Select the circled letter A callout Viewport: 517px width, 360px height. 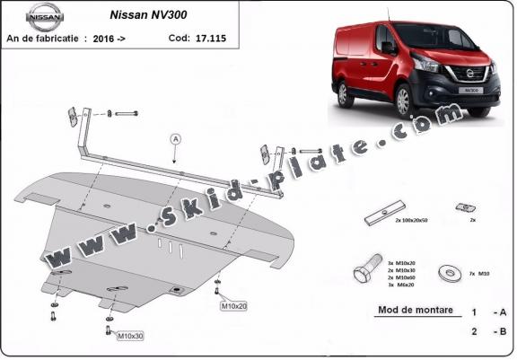coord(175,139)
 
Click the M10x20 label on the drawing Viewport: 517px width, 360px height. coord(233,306)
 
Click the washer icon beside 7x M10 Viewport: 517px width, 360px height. coord(445,271)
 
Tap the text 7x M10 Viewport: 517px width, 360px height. coord(478,271)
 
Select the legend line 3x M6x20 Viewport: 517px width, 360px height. coord(401,285)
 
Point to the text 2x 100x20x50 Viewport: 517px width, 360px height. coord(411,219)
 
